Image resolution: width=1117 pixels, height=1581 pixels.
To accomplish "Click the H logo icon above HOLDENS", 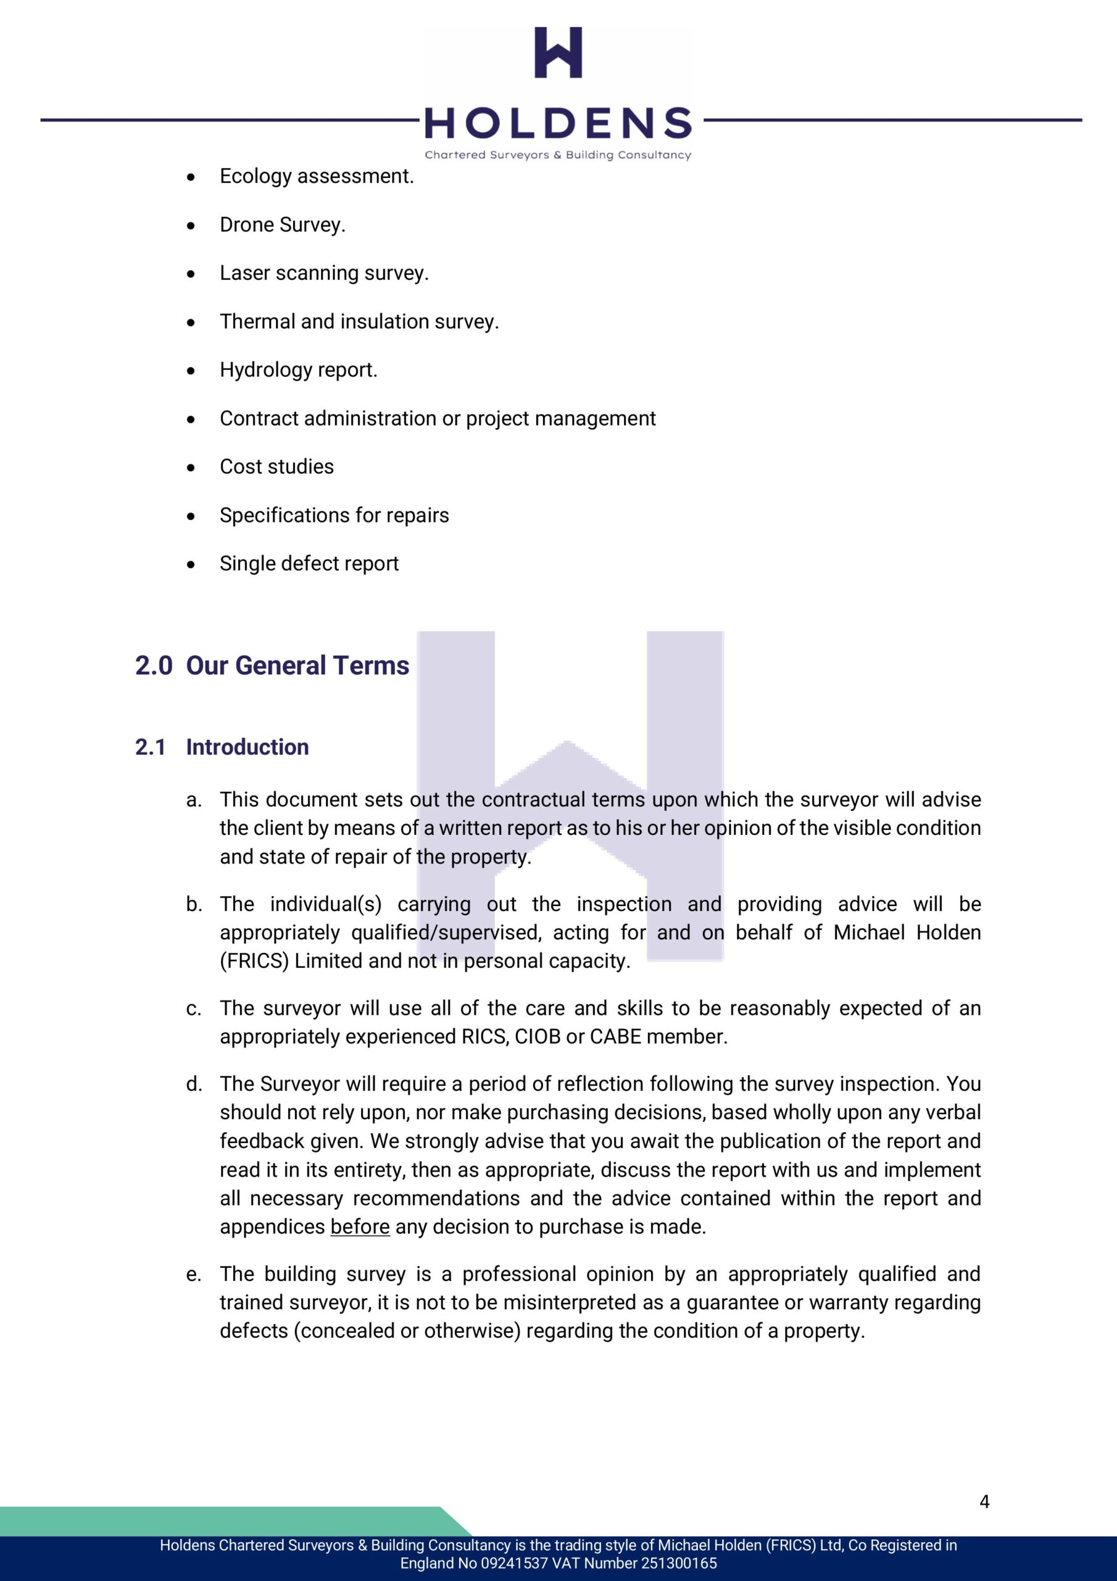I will [x=558, y=52].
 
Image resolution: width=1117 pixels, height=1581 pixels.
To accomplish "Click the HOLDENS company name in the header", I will [x=558, y=124].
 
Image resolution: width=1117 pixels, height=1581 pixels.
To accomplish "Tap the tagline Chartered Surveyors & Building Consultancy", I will [x=558, y=155].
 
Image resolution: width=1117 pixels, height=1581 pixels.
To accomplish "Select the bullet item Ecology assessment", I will [x=317, y=176].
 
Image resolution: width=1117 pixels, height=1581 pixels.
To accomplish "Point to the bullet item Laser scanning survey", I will [x=324, y=274].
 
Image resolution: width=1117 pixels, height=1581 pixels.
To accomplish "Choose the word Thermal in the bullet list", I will [x=257, y=322].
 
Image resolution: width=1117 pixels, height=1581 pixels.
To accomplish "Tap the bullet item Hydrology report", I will [x=299, y=370].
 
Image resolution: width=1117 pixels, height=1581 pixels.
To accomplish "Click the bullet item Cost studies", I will [x=276, y=467].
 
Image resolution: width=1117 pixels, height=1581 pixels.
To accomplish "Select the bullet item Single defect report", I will [x=309, y=564].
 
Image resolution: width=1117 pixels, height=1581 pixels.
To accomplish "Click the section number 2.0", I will [x=154, y=666].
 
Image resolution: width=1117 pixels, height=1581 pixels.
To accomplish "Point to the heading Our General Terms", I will [x=297, y=666].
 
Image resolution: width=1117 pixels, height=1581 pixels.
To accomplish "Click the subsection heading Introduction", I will [x=247, y=747].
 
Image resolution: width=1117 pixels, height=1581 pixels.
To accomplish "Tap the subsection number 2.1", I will [x=151, y=747].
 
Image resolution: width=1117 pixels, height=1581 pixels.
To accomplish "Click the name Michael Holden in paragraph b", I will [x=907, y=933].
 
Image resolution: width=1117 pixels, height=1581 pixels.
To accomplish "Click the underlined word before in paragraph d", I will [x=360, y=1227].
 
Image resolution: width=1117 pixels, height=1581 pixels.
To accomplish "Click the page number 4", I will [x=984, y=1502].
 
